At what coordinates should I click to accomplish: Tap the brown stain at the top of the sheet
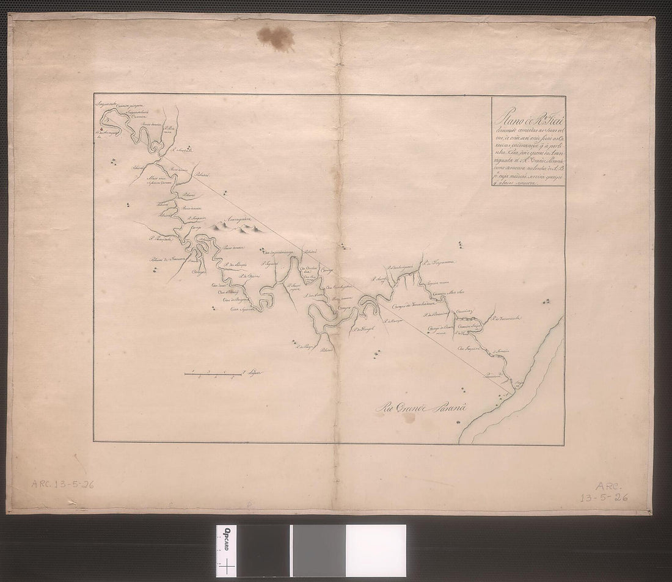coord(276,37)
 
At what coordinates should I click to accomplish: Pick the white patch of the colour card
coord(375,550)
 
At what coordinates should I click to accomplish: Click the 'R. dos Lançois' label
coord(235,264)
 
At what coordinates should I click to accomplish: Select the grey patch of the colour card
coord(318,550)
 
